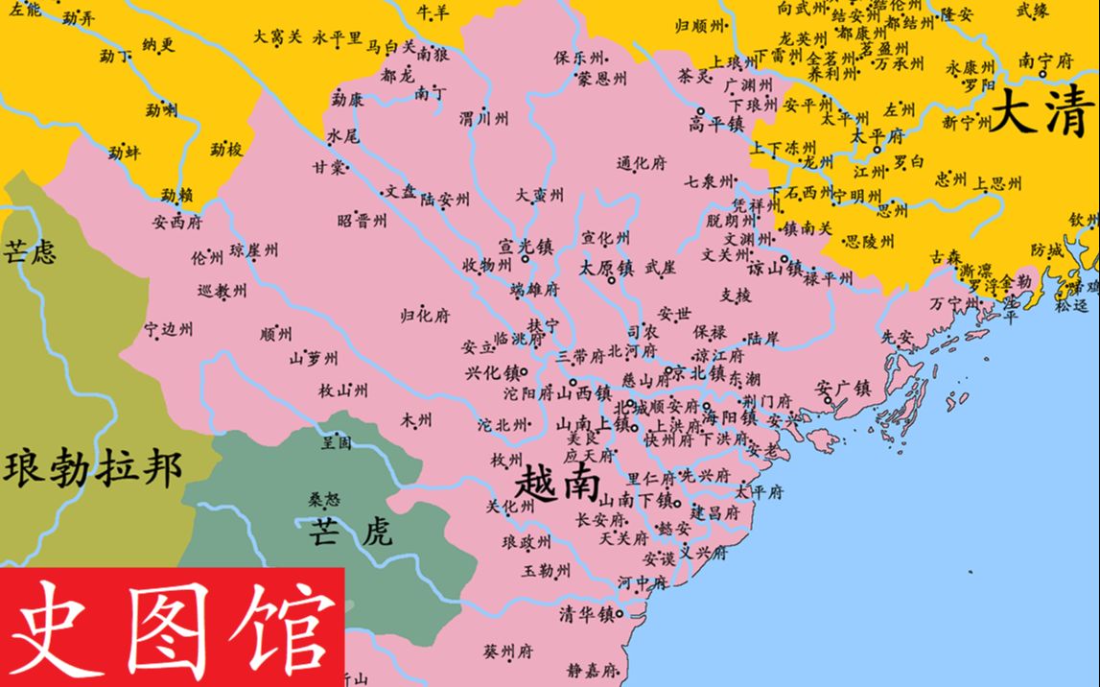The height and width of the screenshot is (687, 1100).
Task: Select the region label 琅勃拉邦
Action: pyautogui.click(x=92, y=469)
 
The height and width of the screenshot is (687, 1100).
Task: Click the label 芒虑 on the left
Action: pyautogui.click(x=29, y=251)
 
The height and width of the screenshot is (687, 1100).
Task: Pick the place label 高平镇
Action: pyautogui.click(x=716, y=125)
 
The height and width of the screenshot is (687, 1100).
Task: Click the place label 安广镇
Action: pyautogui.click(x=843, y=389)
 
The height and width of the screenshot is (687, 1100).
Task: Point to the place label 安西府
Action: pyautogui.click(x=176, y=222)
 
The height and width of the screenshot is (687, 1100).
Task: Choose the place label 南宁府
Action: pyautogui.click(x=1044, y=59)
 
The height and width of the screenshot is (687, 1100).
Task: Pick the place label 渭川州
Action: pyautogui.click(x=483, y=119)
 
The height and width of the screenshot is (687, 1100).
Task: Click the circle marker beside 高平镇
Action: pyautogui.click(x=700, y=111)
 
